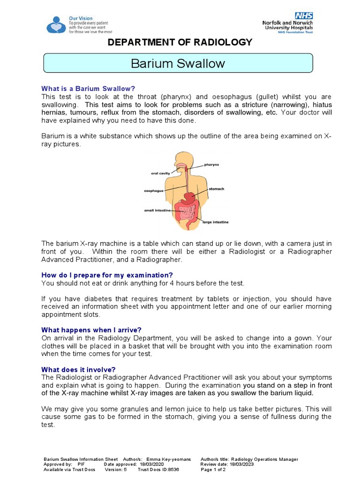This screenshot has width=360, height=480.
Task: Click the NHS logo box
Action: point(303,16)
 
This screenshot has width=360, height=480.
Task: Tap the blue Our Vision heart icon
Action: point(56,24)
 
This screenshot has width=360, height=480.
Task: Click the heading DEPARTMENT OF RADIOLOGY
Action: point(180,43)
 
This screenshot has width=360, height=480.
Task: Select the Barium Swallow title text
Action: point(178,63)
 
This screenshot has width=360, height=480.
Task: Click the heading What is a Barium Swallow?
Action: point(88,89)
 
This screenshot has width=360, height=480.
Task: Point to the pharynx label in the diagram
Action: point(212,165)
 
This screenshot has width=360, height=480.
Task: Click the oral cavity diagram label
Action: point(161,173)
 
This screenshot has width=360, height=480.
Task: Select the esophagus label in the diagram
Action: point(154,191)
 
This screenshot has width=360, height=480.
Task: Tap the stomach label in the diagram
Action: point(217,189)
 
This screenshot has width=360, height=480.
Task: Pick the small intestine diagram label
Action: point(157,210)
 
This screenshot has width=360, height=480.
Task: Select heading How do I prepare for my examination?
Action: point(107,275)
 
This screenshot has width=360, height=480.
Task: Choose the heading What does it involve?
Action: point(78,369)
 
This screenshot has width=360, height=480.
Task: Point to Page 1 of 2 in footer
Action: point(213,469)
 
